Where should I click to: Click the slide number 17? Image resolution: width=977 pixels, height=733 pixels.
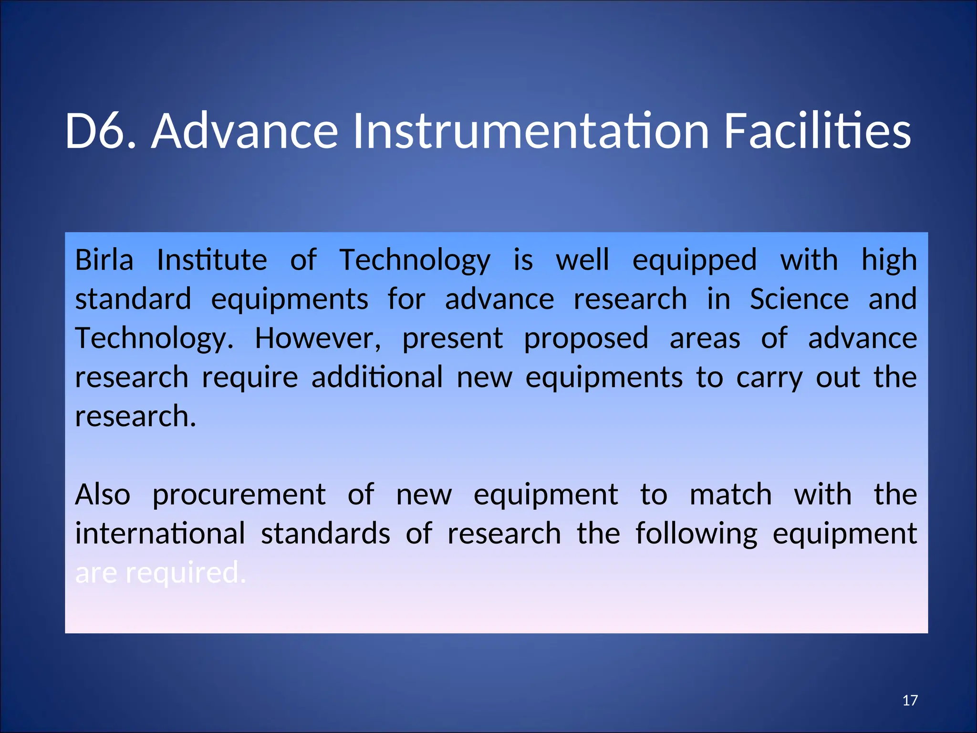[x=910, y=700]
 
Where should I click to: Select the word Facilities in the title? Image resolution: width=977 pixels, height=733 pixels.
[x=817, y=131]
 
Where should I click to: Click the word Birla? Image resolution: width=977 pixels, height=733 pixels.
[x=104, y=260]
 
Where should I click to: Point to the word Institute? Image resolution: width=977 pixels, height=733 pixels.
[x=212, y=260]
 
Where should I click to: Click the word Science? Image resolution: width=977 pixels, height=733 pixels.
[x=799, y=299]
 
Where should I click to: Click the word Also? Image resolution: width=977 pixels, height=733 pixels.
[x=103, y=494]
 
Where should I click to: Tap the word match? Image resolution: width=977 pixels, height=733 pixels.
[x=730, y=494]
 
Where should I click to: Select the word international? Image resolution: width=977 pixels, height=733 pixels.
[x=160, y=534]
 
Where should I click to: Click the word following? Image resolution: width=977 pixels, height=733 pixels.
[x=696, y=534]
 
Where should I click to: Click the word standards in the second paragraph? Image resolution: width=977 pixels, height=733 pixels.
[x=325, y=534]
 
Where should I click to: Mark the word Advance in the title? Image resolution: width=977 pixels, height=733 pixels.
[x=245, y=131]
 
